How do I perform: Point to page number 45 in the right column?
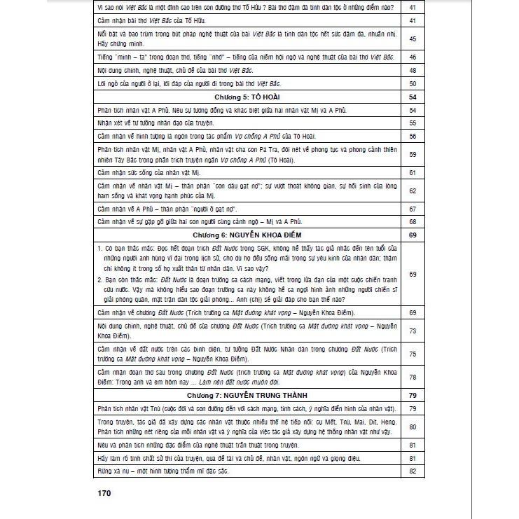tap(413, 39)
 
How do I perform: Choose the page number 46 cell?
tap(413, 57)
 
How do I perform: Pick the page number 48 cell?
tap(413, 70)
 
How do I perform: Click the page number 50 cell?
tap(413, 83)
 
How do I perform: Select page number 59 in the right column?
tap(413, 154)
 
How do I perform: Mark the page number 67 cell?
tap(413, 209)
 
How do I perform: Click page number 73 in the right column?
tap(413, 331)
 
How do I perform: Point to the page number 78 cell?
tap(413, 377)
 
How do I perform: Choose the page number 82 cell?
tap(413, 471)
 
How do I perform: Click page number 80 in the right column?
tap(413, 426)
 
